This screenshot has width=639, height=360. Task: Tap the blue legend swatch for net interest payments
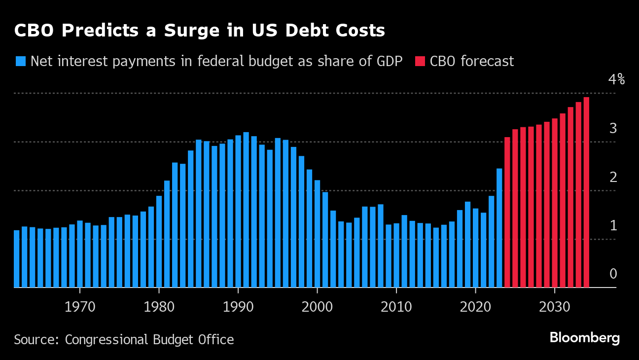click(20, 61)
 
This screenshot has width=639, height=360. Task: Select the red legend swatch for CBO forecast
click(420, 61)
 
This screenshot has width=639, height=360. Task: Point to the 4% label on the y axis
click(616, 79)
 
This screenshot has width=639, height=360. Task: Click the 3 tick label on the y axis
click(613, 128)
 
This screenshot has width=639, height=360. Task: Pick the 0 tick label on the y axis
click(613, 274)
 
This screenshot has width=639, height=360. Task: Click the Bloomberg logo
click(585, 338)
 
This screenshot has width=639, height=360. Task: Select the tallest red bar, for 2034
click(586, 192)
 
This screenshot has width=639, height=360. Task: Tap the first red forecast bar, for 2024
click(507, 212)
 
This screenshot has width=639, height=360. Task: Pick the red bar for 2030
click(555, 203)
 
